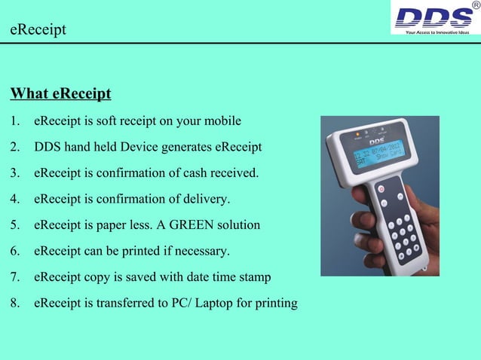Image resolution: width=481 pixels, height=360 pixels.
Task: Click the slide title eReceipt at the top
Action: (38, 30)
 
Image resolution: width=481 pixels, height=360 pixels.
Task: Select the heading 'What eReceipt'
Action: (60, 94)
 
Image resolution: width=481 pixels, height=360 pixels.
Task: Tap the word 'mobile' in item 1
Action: (222, 121)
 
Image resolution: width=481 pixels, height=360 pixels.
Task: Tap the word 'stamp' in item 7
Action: (254, 277)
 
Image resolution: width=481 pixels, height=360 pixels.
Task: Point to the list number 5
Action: (15, 225)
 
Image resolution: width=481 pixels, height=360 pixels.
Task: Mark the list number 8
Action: (15, 304)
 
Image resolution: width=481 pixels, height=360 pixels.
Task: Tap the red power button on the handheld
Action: (381, 188)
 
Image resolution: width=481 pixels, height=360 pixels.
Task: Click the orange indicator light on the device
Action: (357, 136)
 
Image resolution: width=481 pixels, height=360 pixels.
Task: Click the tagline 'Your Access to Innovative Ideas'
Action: (437, 32)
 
